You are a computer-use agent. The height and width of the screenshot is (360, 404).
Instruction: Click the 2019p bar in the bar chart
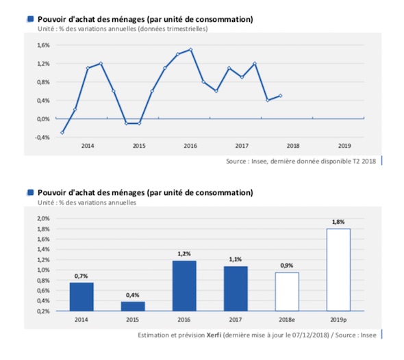(x=338, y=270)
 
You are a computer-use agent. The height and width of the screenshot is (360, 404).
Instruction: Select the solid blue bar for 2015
(x=133, y=306)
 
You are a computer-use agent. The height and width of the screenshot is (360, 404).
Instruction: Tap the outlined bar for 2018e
(x=287, y=292)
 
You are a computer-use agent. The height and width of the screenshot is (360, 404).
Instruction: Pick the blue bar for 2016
(x=184, y=286)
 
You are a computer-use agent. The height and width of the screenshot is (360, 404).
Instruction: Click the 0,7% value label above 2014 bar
(x=81, y=276)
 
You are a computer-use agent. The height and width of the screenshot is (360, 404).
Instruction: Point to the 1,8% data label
(x=338, y=222)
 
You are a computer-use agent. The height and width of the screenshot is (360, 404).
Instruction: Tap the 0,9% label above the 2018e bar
(x=287, y=266)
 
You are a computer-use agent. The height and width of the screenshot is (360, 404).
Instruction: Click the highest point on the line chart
(x=190, y=49)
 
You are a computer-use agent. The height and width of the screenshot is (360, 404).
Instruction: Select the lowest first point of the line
(x=62, y=133)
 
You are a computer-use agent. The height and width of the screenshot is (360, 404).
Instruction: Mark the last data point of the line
(x=281, y=96)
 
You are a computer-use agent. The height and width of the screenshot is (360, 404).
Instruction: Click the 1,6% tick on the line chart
(x=43, y=45)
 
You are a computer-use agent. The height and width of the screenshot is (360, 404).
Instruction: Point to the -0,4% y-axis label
(x=42, y=138)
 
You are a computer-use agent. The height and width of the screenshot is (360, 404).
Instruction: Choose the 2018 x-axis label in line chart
(x=293, y=146)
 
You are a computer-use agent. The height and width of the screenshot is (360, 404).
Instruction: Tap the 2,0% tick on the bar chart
(x=43, y=218)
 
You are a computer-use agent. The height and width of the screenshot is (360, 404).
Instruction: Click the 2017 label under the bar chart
(x=236, y=320)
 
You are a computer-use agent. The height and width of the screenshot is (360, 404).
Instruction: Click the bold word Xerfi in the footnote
(x=214, y=335)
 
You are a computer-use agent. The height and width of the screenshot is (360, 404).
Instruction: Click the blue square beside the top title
(x=31, y=19)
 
